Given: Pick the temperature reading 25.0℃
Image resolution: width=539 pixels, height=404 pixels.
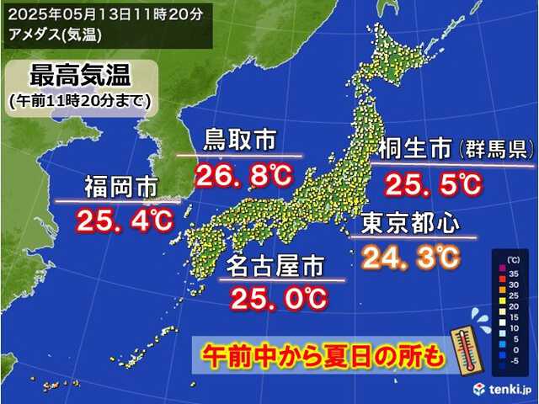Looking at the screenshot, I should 281,297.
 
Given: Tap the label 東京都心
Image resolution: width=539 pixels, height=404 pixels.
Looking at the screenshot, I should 410,224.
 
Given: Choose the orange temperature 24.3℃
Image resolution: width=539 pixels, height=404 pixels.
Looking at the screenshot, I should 413,253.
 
